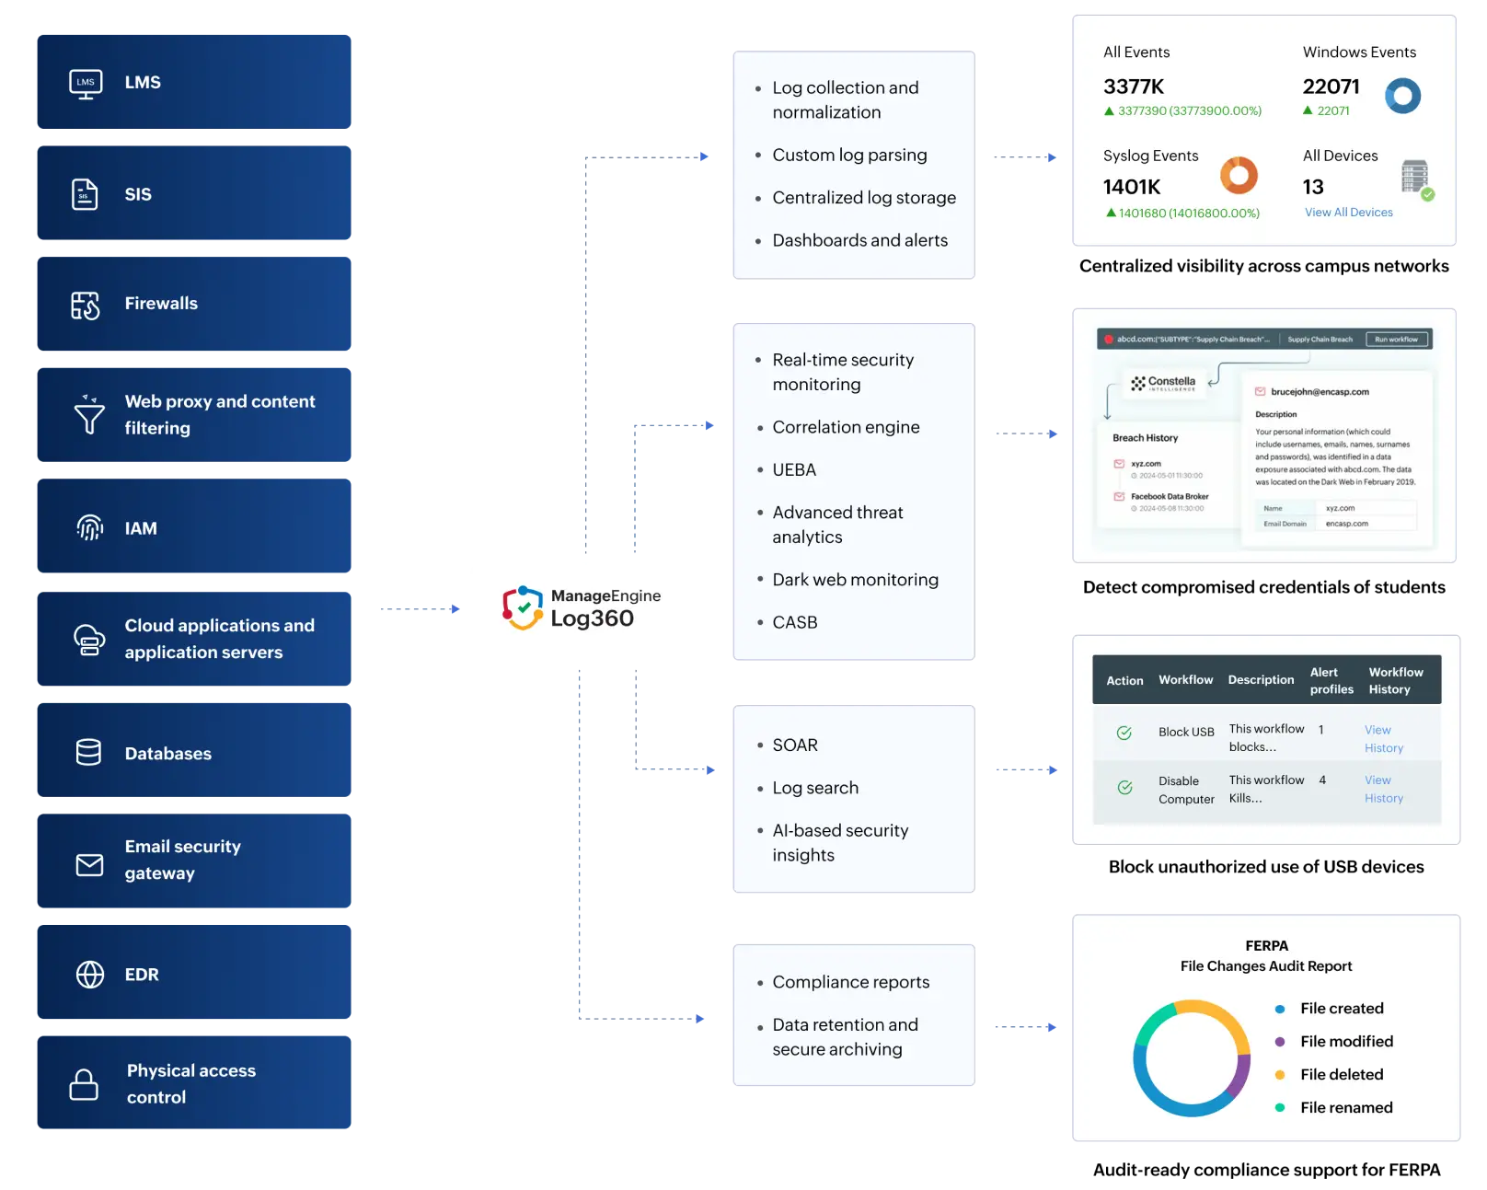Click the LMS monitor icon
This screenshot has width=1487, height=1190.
(x=86, y=84)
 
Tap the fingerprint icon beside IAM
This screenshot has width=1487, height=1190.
(x=89, y=527)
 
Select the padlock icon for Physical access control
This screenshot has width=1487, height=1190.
(x=84, y=1084)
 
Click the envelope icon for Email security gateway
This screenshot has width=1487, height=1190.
(x=89, y=864)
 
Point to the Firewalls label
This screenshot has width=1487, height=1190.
(x=161, y=304)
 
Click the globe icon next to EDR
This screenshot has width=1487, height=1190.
(x=89, y=974)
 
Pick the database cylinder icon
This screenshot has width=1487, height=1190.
(x=88, y=752)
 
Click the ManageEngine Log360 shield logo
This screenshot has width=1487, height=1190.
(x=522, y=607)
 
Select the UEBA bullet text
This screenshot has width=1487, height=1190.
(x=794, y=470)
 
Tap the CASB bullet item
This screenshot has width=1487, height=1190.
(x=795, y=623)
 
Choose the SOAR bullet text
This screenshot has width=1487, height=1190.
(x=795, y=745)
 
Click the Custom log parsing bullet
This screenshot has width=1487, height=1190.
(x=849, y=156)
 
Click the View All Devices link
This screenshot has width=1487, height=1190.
(x=1348, y=213)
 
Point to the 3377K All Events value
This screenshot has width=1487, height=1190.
(x=1134, y=87)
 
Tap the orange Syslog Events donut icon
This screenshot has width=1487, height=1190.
(x=1239, y=175)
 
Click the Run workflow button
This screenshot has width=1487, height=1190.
(x=1396, y=340)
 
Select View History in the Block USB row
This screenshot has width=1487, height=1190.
(x=1383, y=739)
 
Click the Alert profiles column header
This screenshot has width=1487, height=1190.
(x=1331, y=681)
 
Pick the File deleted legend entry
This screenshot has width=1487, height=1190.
(x=1341, y=1075)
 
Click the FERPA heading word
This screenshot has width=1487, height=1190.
(x=1266, y=946)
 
